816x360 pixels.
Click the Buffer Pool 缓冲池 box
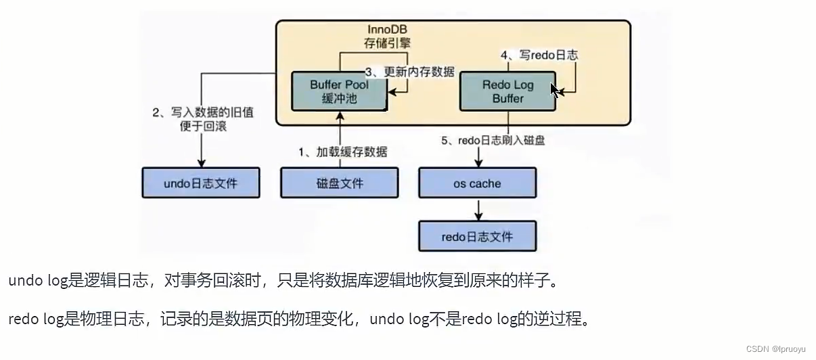pyautogui.click(x=338, y=92)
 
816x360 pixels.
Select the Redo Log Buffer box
pyautogui.click(x=507, y=92)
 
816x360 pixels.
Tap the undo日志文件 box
pyautogui.click(x=200, y=183)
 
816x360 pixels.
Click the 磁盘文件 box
pyautogui.click(x=339, y=183)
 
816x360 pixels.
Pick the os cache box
pyautogui.click(x=478, y=183)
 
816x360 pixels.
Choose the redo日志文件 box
pyautogui.click(x=478, y=236)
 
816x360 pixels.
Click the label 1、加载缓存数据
pyautogui.click(x=343, y=152)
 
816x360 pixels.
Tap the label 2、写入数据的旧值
pyautogui.click(x=203, y=112)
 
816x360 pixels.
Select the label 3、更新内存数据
pyautogui.click(x=410, y=72)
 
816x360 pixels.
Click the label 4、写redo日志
pyautogui.click(x=539, y=55)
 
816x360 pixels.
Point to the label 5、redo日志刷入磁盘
pyautogui.click(x=493, y=141)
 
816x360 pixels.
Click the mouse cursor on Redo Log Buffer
pyautogui.click(x=555, y=91)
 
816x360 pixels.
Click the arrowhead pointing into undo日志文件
pyautogui.click(x=201, y=162)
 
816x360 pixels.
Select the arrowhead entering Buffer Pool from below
pyautogui.click(x=339, y=116)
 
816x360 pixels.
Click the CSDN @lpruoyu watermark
pyautogui.click(x=775, y=348)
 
